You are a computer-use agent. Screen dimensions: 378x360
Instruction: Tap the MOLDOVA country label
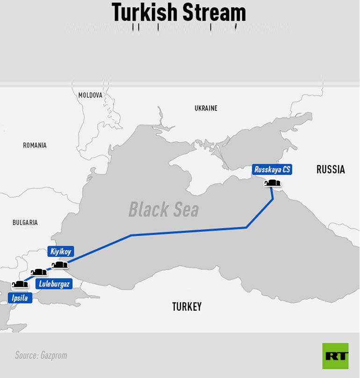90,95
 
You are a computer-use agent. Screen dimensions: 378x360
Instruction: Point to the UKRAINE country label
206,108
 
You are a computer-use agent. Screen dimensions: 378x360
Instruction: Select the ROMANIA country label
35,145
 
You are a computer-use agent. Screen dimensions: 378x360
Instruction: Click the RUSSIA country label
331,169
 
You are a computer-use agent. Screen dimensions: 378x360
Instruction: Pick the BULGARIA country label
25,223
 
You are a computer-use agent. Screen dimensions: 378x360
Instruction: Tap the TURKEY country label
187,307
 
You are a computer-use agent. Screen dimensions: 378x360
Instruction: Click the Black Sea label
164,210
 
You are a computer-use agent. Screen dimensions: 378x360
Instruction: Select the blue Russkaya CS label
272,170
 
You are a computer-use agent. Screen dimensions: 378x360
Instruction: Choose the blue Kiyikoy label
61,252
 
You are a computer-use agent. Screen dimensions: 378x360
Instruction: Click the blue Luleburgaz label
54,284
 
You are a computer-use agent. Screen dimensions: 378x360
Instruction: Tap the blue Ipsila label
20,298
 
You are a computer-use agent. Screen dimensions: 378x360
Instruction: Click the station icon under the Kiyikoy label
59,265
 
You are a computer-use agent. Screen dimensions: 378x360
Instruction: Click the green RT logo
335,356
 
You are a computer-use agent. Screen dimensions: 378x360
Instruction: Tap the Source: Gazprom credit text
41,356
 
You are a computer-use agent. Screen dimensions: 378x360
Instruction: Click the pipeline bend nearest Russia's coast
273,199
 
